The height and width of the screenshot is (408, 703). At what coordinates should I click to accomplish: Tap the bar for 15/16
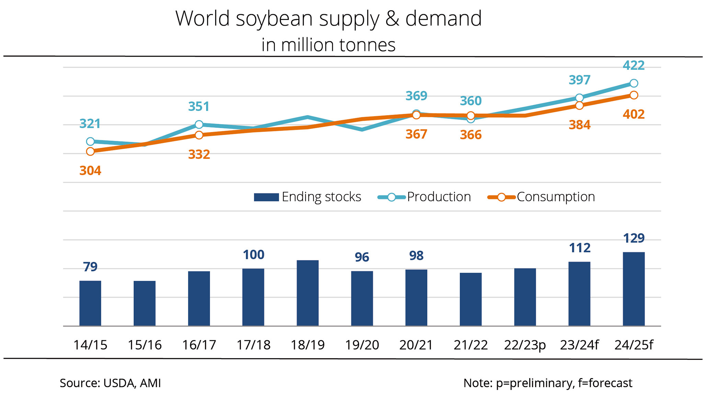[x=145, y=303]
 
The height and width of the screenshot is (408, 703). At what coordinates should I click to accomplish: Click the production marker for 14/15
[x=90, y=141]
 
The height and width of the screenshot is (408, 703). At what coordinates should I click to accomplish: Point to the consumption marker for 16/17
[x=199, y=135]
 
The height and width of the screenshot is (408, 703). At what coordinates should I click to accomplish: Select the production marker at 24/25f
[x=634, y=83]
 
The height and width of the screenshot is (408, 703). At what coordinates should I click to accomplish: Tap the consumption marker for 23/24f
[x=579, y=106]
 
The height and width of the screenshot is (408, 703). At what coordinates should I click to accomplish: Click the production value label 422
[x=634, y=65]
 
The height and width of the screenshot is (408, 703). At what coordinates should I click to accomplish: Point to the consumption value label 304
[x=90, y=170]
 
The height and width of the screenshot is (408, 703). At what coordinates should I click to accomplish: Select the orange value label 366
[x=471, y=135]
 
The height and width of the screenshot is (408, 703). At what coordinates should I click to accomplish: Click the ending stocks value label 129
[x=634, y=238]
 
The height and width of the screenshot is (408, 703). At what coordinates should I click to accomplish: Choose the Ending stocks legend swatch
[x=266, y=197]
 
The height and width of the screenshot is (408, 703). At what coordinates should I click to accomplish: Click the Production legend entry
[x=439, y=197]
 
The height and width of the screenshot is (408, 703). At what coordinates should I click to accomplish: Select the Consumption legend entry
[x=555, y=197]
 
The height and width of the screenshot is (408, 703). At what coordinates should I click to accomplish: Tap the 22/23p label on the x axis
[x=525, y=345]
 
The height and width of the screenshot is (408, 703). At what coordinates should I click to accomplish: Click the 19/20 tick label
[x=362, y=345]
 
